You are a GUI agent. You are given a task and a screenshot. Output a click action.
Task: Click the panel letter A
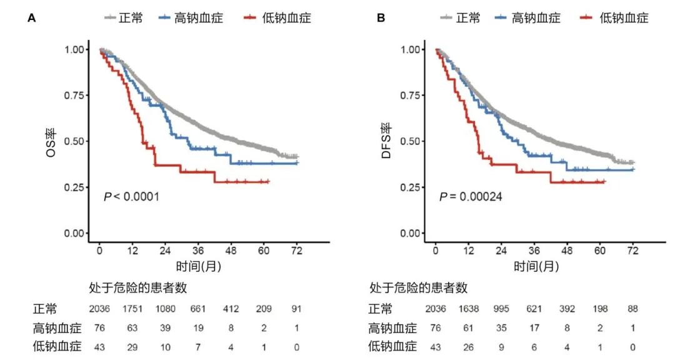tap(31, 18)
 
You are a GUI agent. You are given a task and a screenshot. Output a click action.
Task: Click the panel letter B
tap(381, 18)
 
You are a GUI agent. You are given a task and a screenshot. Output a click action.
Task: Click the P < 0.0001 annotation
tap(131, 197)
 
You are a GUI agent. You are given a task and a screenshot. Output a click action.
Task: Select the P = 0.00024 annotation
tap(471, 197)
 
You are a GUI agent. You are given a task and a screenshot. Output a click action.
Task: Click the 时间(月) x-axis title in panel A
tap(197, 266)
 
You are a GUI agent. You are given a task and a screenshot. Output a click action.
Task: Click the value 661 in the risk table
tap(198, 309)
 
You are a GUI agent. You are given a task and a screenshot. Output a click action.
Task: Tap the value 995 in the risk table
tap(501, 309)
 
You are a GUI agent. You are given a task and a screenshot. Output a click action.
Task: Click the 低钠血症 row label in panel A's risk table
tap(54, 346)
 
